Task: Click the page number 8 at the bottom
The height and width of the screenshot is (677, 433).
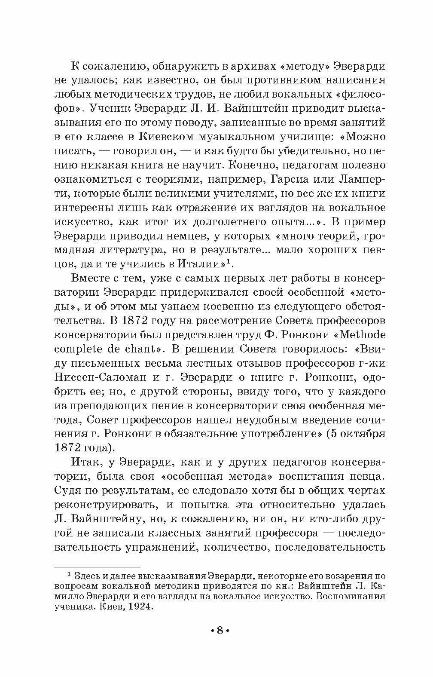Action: (220, 631)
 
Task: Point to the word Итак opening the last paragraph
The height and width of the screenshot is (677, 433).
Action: (86, 462)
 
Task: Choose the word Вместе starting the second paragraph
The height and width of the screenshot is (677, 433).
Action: (92, 278)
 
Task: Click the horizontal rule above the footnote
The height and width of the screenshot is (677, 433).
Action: (98, 567)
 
